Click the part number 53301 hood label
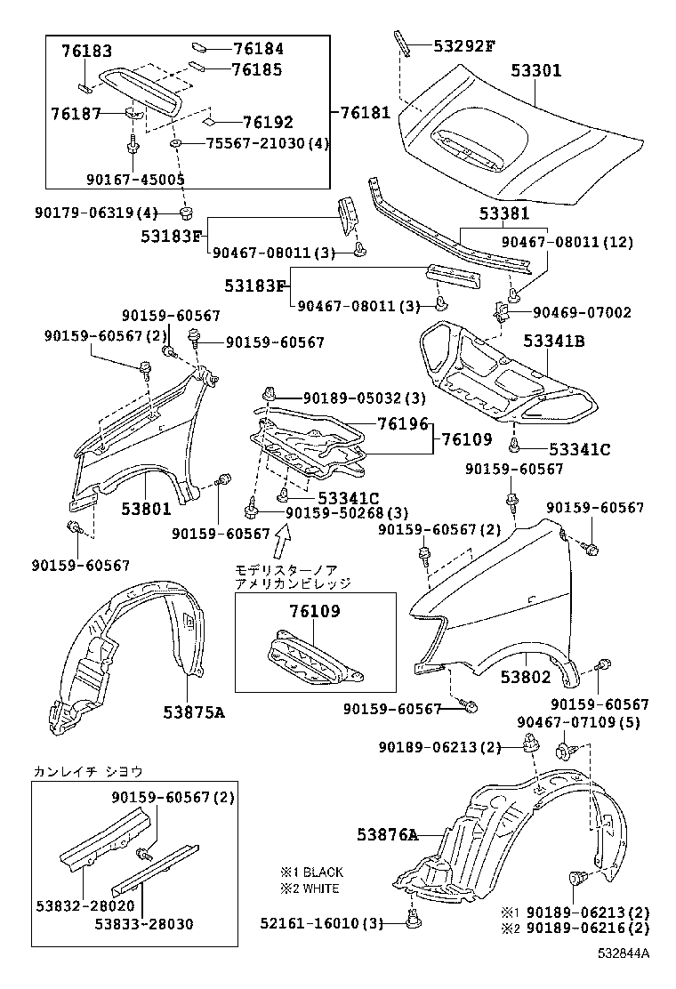pos(535,69)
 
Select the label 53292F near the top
pos(463,44)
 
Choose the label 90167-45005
pos(135,179)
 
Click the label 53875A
pos(194,711)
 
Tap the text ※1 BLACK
pos(310,872)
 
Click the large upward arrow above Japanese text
pos(283,539)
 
